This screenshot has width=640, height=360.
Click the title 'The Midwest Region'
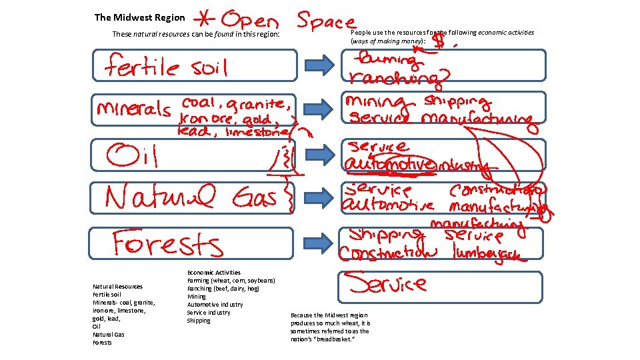[x=139, y=17]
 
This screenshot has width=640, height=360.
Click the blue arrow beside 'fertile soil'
[x=319, y=65]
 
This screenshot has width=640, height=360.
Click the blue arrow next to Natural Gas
[x=319, y=197]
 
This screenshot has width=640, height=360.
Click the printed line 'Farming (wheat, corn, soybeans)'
[x=231, y=281]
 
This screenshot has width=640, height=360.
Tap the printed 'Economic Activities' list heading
[x=213, y=273]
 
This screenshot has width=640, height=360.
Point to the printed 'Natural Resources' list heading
[x=117, y=287]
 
